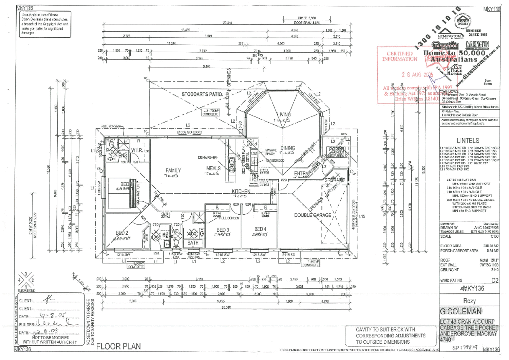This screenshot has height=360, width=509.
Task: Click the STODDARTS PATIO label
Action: point(202,94)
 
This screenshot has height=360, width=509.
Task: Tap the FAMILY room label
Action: point(173,170)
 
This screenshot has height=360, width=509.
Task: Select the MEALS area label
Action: point(213,168)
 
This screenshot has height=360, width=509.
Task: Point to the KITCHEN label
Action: point(241,192)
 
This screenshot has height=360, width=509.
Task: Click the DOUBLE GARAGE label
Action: point(313,215)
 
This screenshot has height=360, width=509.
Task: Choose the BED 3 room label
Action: point(223,230)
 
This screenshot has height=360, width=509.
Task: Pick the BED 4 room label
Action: point(260,229)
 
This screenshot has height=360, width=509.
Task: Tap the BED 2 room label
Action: point(122,233)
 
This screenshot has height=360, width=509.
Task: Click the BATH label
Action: point(193,243)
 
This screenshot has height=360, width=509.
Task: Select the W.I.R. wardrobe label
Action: point(137,150)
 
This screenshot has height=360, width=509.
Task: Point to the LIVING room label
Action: point(284,115)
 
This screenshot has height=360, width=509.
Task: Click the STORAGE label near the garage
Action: point(335,180)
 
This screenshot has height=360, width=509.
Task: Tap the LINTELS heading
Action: point(468,141)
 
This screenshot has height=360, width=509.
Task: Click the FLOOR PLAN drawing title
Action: point(118,346)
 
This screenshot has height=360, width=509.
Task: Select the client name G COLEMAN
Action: point(460,311)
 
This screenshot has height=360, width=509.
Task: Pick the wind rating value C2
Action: point(495,281)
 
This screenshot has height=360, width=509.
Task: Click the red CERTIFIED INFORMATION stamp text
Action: point(400,56)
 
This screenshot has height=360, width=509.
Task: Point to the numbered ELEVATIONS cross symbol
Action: point(26,280)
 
